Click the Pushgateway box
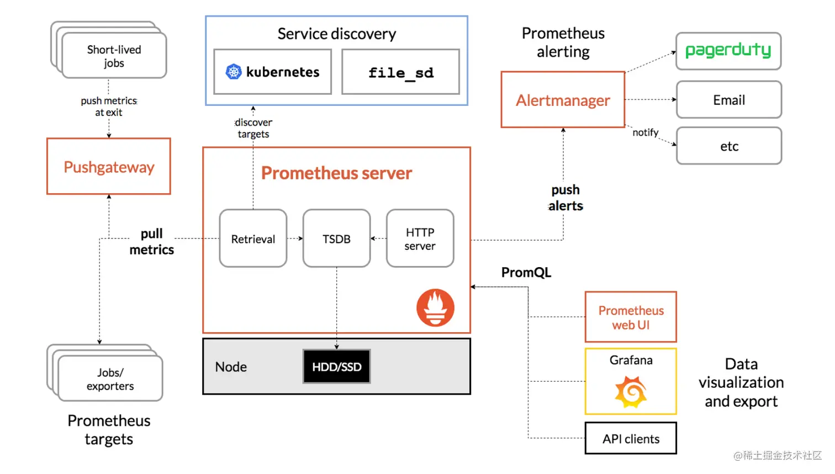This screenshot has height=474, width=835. [x=109, y=166]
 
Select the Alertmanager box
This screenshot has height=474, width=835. [x=563, y=100]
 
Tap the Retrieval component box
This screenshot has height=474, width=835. [x=253, y=238]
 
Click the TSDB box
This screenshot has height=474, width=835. [x=336, y=238]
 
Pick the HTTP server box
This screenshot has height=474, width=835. [x=420, y=238]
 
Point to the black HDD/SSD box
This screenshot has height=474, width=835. [x=336, y=366]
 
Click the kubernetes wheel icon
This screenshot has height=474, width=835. [x=234, y=72]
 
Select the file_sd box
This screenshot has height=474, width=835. [x=400, y=72]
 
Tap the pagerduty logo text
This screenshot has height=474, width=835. [x=728, y=51]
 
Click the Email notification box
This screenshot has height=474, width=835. [x=728, y=100]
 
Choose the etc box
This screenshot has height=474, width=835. [x=728, y=146]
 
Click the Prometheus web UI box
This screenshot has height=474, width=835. [x=631, y=317]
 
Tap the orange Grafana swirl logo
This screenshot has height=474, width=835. [x=631, y=392]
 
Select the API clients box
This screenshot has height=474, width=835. [x=631, y=439]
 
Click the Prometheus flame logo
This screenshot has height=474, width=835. [x=435, y=308]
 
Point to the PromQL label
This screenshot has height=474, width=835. [x=526, y=273]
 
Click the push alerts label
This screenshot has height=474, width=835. [x=566, y=198]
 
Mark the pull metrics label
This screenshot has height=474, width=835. [x=151, y=242]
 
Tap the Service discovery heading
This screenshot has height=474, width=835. [x=336, y=34]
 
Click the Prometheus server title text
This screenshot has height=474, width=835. [x=336, y=173]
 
